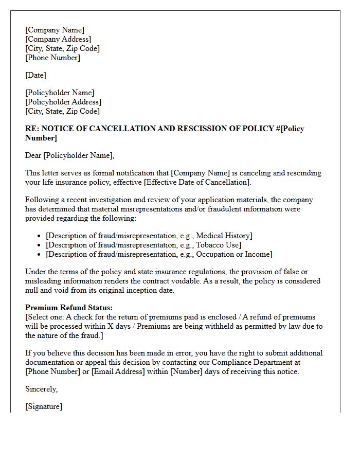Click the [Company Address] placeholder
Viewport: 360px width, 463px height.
coord(58,39)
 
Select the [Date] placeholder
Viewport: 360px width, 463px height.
coord(35,75)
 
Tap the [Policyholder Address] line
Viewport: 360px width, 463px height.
coord(63,102)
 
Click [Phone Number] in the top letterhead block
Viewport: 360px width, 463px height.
coord(52,58)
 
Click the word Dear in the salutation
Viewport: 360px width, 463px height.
coord(33,155)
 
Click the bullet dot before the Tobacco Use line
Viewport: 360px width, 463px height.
coord(40,245)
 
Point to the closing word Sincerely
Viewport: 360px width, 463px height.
coord(41,389)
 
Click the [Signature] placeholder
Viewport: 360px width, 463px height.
coord(44,406)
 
